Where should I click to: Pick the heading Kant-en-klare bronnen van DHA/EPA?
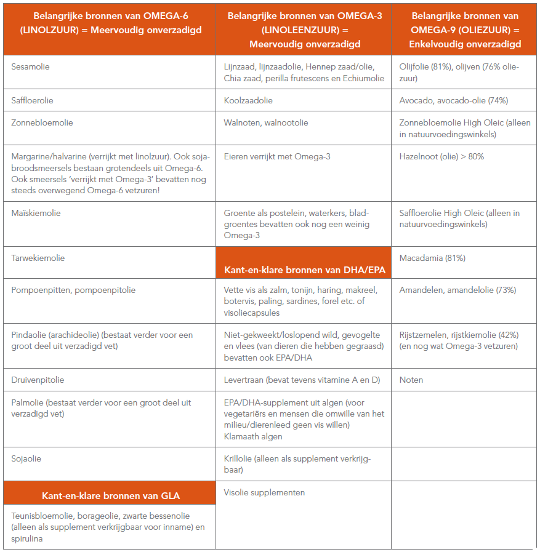[304, 270]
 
